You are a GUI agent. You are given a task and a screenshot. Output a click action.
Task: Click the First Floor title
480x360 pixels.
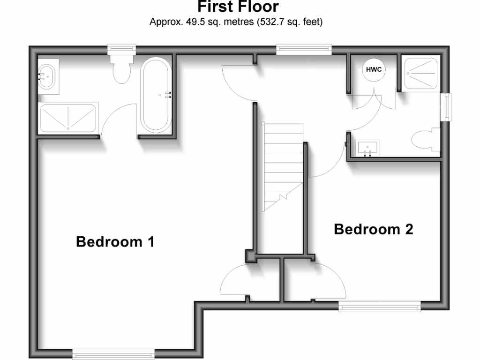tap(238, 7)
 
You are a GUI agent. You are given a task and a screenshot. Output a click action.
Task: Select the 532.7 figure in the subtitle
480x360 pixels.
tap(269, 22)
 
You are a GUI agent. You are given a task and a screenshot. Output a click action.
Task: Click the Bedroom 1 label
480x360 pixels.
tap(115, 242)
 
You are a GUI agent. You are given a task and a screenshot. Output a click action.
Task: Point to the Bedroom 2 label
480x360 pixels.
tap(374, 229)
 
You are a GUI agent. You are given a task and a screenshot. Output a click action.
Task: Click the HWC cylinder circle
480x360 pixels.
tap(374, 70)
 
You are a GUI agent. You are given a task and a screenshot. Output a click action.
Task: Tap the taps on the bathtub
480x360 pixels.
tap(167, 95)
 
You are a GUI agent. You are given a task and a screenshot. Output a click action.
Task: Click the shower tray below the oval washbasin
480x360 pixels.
tap(68, 118)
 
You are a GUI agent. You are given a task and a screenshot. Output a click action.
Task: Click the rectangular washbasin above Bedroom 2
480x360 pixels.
tap(368, 149)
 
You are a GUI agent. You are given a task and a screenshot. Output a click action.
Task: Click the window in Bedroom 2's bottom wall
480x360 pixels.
tap(379, 307)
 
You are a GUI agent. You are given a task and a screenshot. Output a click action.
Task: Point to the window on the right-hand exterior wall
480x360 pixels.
tap(448, 107)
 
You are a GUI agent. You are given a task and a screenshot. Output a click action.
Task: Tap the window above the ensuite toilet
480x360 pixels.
tap(121, 48)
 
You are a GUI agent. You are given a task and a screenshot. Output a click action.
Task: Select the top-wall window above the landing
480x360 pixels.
tap(304, 48)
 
